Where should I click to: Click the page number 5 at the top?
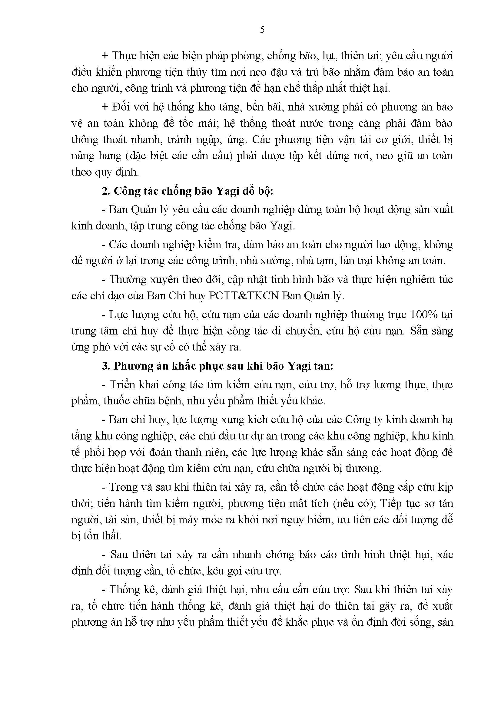click(x=262, y=30)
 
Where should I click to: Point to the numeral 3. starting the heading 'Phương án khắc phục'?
click(x=106, y=366)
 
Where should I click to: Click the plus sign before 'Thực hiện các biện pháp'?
click(x=105, y=56)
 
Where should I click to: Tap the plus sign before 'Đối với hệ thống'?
click(x=105, y=107)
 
